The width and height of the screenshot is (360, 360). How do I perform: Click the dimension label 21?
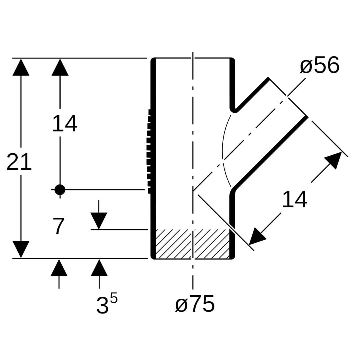[19, 162]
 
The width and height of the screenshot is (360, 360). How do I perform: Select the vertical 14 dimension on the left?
[65, 124]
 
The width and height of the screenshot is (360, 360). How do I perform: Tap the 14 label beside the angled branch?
[295, 200]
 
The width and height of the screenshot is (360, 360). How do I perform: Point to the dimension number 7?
[59, 227]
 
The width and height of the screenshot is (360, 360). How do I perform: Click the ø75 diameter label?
[195, 304]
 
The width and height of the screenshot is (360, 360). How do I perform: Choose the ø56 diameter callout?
[320, 65]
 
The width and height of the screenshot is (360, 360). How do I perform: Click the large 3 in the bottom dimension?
[102, 305]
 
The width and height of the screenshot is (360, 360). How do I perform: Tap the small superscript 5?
[114, 298]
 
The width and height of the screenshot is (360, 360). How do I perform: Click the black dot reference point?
[60, 190]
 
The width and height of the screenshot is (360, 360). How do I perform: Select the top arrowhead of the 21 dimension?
[21, 67]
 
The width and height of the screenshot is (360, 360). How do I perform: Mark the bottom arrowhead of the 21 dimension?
[21, 249]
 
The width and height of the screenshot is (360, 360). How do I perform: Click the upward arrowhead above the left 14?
[60, 67]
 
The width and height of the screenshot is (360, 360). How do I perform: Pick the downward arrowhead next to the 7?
[99, 221]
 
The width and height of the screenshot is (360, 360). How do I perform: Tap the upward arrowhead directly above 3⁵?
[99, 268]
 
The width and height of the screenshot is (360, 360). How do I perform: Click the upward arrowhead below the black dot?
[59, 268]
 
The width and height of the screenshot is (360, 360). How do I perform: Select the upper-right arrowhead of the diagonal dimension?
[334, 160]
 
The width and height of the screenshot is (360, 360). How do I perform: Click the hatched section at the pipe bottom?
[193, 244]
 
